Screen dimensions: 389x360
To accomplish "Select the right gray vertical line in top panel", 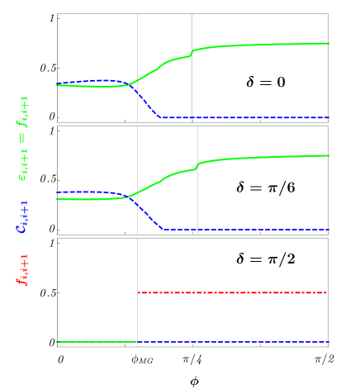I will [x=192, y=33].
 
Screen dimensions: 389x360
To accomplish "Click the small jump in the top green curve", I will [x=192, y=53].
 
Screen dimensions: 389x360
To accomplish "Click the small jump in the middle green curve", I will [x=197, y=166].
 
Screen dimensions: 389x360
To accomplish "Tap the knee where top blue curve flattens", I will [x=161, y=117].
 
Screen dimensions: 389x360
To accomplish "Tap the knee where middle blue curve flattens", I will [x=163, y=229].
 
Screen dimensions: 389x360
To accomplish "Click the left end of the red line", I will [x=138, y=292].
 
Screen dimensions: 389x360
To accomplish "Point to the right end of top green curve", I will [x=329, y=43].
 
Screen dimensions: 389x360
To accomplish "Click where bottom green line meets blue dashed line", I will [x=137, y=342].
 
